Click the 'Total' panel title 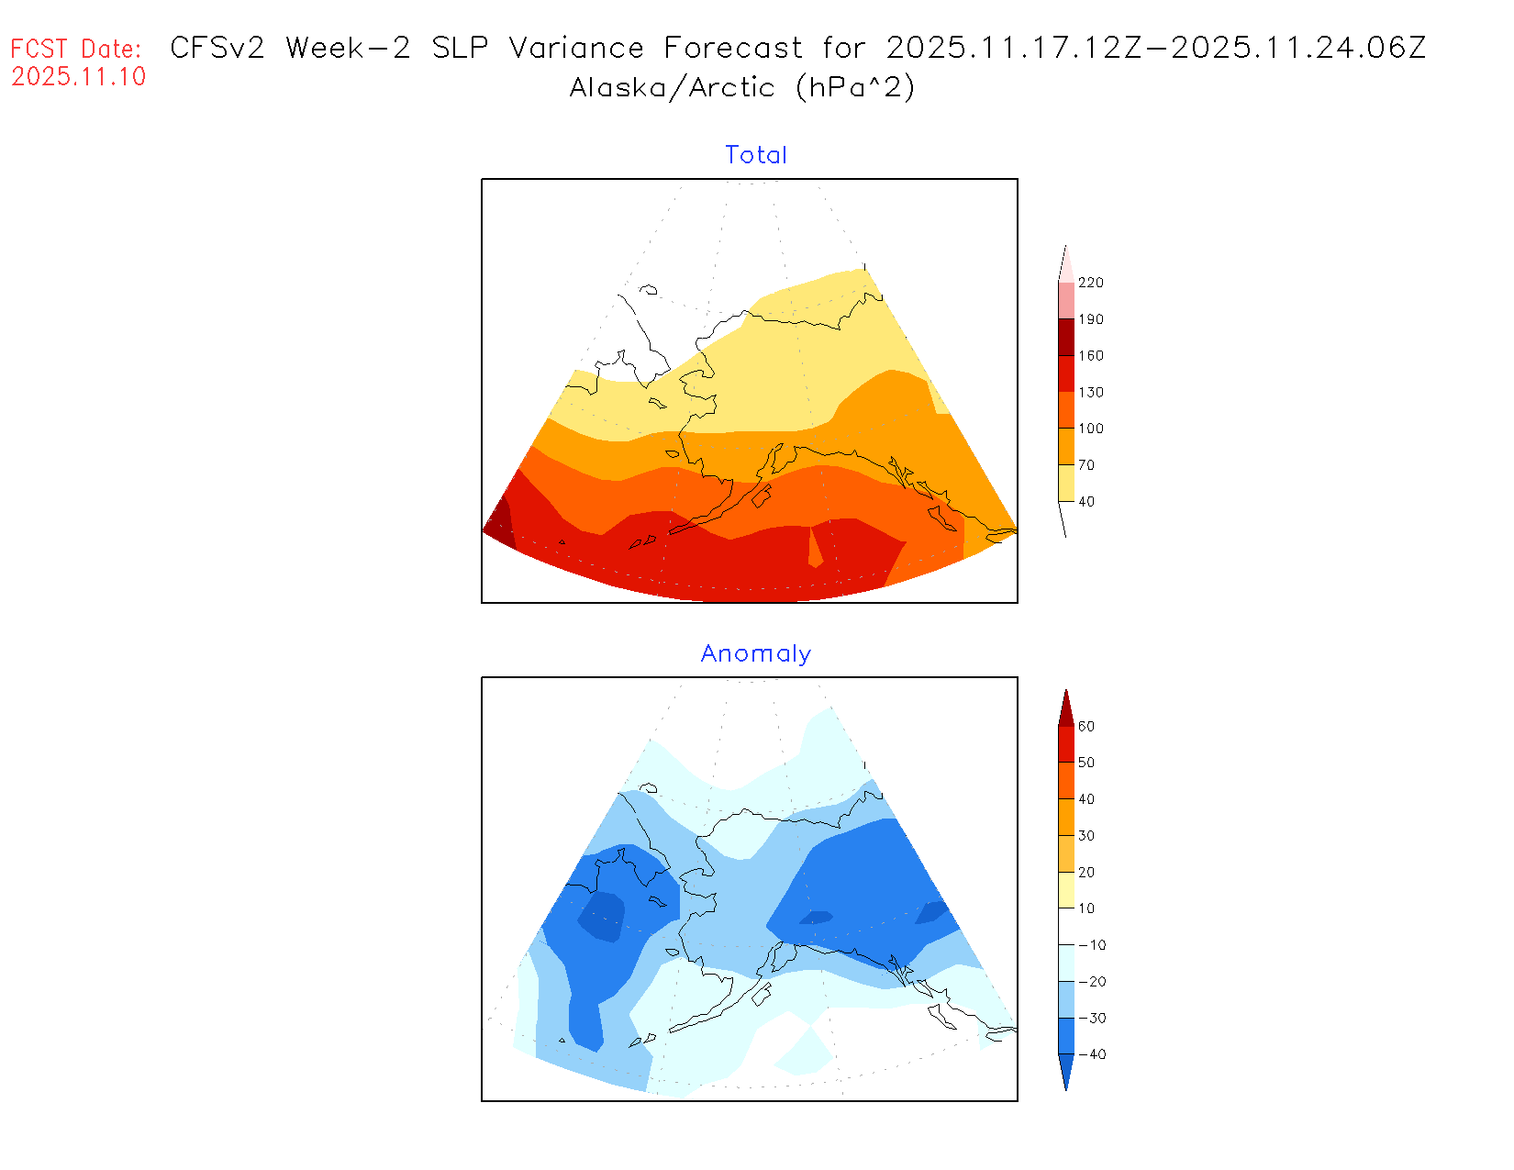[x=756, y=155]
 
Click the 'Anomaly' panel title [x=756, y=653]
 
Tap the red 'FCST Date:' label [x=76, y=49]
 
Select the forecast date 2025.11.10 [x=79, y=77]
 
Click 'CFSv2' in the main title [x=217, y=48]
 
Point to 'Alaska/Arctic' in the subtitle [x=672, y=88]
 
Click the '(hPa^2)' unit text [x=855, y=87]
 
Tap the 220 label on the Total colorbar [x=1091, y=283]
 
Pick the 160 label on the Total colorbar [x=1091, y=356]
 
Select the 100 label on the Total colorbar [x=1091, y=429]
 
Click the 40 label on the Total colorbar [x=1086, y=502]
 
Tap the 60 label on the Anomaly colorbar [x=1086, y=727]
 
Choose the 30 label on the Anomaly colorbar [x=1086, y=836]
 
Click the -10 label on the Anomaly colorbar [x=1092, y=945]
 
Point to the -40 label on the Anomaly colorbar [x=1092, y=1054]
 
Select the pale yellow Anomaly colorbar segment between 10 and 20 [x=1066, y=890]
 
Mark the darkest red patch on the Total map [x=499, y=524]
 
